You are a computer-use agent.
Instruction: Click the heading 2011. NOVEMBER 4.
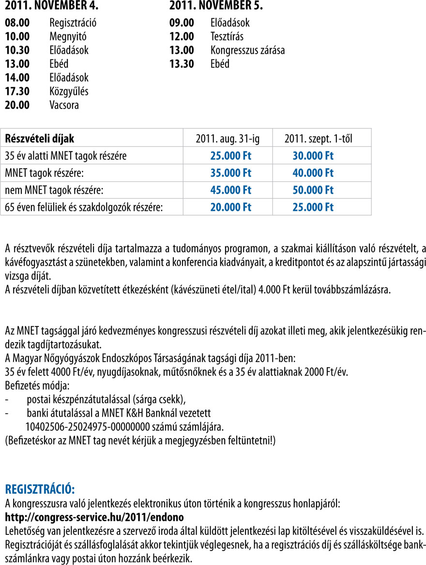(51, 6)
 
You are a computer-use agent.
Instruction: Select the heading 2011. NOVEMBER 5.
(216, 6)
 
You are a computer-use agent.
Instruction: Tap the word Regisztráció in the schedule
(73, 22)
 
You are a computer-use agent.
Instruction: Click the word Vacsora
(64, 105)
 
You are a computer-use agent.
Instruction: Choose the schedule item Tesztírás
(227, 36)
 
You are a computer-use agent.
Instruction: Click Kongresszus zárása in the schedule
(247, 50)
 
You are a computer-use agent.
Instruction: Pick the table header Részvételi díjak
(40, 139)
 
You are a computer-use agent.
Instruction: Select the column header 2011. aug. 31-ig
(228, 139)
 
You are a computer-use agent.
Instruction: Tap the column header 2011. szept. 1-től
(318, 139)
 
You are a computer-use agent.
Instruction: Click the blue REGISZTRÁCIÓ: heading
(40, 488)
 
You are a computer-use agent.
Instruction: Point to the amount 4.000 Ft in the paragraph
(273, 290)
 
